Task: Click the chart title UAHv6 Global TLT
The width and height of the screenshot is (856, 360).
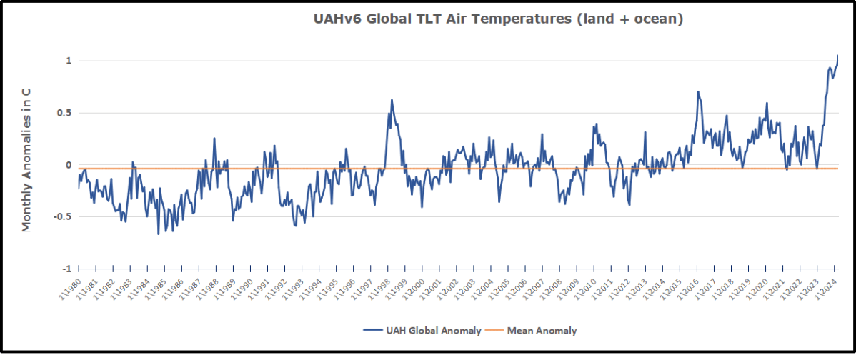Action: [x=498, y=20]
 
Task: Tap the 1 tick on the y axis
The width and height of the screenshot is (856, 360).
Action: [x=69, y=61]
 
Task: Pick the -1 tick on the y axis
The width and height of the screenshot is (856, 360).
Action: [x=66, y=269]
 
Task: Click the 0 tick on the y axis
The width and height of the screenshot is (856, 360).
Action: [x=69, y=165]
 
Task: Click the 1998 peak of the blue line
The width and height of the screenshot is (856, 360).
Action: [x=392, y=100]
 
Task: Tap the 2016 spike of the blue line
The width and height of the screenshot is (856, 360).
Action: [x=697, y=91]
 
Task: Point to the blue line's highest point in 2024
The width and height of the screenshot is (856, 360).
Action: [x=837, y=55]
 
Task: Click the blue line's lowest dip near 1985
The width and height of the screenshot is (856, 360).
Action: [x=159, y=234]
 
